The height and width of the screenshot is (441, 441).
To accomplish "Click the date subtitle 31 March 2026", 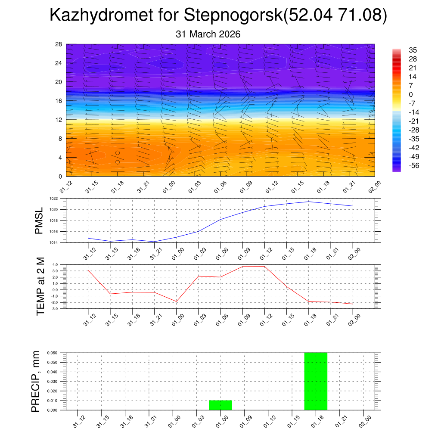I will point(208,34).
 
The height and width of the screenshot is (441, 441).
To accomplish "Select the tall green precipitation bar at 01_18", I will point(316,381).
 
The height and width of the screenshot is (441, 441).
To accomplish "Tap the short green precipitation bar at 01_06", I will point(220,405).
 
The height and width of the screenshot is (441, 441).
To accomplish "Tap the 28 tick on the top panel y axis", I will point(59,44).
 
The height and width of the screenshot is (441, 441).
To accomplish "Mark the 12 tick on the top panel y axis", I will point(59,119).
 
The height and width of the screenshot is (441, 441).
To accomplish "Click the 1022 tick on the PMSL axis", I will point(59,199).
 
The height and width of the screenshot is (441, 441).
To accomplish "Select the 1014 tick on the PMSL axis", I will point(59,242).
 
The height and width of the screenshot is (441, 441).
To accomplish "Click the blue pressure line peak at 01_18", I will point(309,202).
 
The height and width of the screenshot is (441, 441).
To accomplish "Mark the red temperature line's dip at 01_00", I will point(176,301).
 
